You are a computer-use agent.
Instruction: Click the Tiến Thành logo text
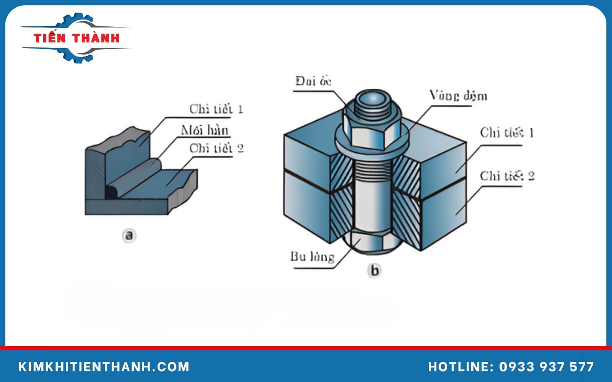76,38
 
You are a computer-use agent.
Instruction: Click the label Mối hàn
205,131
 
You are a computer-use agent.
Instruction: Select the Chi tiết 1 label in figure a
216,109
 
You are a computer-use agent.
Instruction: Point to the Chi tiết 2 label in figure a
216,148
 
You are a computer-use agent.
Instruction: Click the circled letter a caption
129,235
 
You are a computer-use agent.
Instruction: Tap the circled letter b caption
374,270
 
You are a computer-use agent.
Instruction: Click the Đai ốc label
313,81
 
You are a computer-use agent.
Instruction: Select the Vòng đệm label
458,95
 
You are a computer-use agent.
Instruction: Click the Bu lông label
312,257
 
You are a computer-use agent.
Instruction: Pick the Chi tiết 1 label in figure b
506,133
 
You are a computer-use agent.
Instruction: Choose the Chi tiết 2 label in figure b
507,176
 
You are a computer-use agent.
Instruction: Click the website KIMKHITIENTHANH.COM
104,367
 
